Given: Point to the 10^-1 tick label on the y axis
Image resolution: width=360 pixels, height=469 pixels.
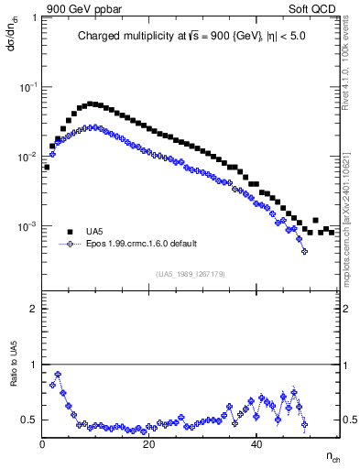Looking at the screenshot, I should click(x=28, y=86).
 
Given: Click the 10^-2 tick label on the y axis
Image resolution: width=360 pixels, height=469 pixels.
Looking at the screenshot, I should click(x=28, y=157).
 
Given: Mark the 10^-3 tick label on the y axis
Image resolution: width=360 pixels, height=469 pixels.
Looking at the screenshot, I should click(x=28, y=226).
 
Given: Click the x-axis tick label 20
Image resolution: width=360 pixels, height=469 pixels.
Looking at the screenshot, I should click(x=150, y=444).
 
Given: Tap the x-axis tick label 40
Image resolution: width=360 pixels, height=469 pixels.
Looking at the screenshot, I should click(x=257, y=444).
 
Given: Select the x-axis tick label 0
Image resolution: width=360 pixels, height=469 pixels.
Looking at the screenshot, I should click(x=43, y=444).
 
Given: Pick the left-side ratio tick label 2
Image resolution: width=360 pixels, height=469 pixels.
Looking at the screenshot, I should click(x=34, y=309).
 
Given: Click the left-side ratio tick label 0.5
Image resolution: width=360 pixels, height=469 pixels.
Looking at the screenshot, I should click(x=30, y=420).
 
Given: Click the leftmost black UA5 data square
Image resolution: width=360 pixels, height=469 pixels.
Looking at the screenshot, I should click(x=47, y=168).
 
